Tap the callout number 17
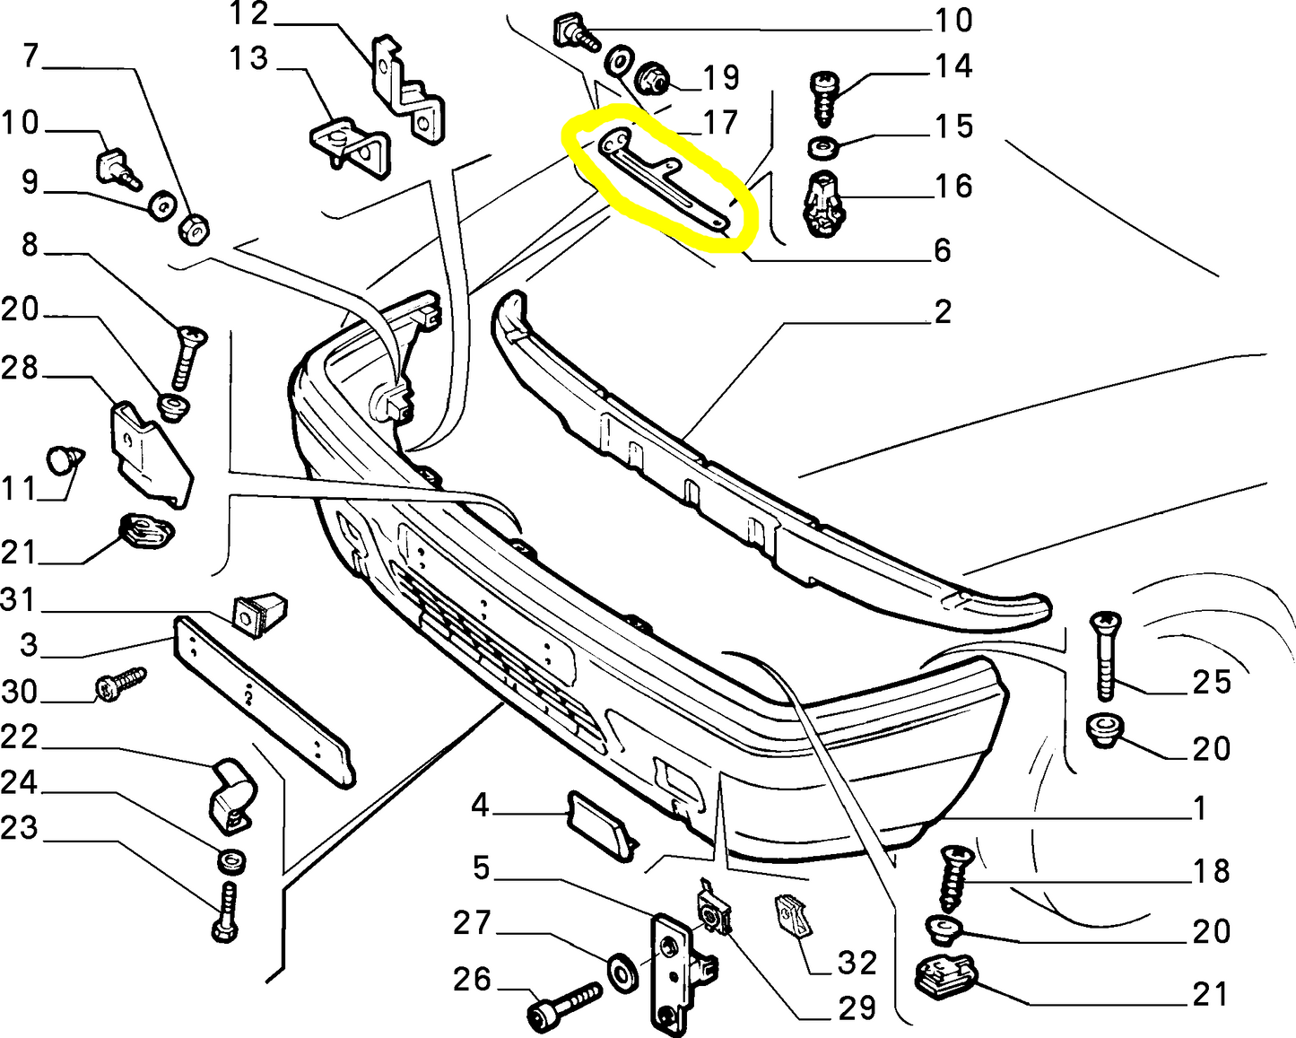[x=719, y=122]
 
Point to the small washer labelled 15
[x=822, y=146]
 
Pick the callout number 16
[x=953, y=186]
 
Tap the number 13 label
[x=248, y=59]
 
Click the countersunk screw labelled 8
[x=187, y=354]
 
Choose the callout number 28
[x=20, y=368]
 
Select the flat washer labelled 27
[x=622, y=971]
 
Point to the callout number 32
[x=857, y=963]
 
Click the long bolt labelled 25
[x=1105, y=655]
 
